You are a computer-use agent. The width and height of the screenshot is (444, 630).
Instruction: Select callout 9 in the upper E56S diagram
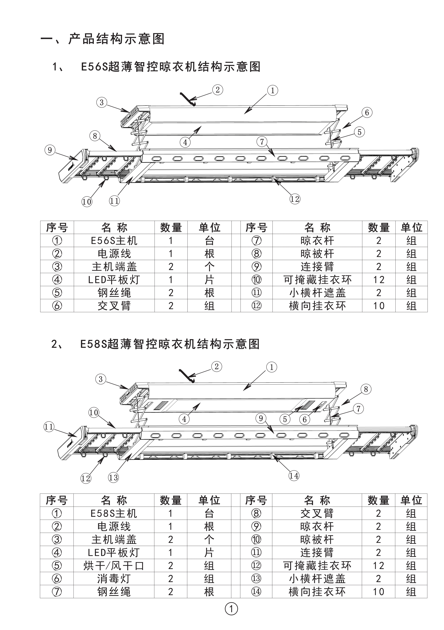[50, 150]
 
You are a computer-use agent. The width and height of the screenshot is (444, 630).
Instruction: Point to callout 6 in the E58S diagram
[304, 419]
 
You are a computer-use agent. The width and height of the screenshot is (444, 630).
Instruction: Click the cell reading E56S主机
[114, 241]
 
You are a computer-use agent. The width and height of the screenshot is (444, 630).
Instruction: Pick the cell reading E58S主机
[114, 513]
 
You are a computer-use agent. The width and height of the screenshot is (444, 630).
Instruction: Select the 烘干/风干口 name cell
[114, 566]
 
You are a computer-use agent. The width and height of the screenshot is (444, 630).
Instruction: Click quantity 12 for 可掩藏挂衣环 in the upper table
[379, 280]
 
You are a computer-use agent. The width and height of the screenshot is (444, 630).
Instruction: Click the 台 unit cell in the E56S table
[209, 241]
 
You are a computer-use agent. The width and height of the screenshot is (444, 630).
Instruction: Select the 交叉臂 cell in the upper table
[114, 306]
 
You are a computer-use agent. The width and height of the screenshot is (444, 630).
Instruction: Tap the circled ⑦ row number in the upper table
[256, 241]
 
